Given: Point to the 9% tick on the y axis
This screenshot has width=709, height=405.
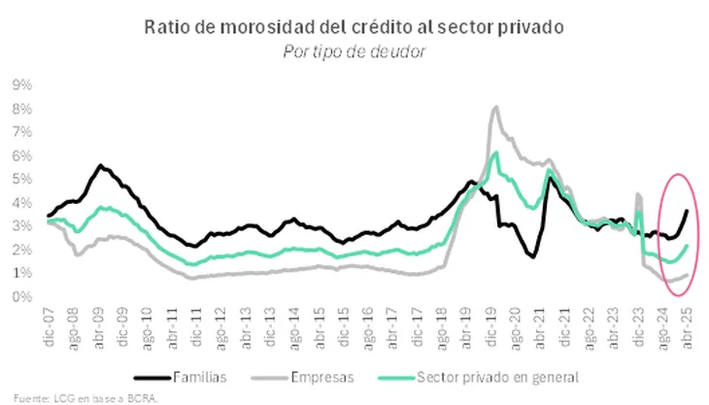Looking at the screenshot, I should tap(21, 84).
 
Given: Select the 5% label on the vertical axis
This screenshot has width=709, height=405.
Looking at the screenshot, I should tap(21, 179).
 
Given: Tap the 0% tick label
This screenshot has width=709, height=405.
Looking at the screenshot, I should tap(21, 297).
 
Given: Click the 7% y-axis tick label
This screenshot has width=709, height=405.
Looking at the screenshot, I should tap(21, 132).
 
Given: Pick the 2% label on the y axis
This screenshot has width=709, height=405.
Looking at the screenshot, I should tap(21, 250).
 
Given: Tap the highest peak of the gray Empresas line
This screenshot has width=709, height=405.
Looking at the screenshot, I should tap(496, 107).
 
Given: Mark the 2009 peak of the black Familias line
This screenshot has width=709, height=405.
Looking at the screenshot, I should tap(100, 166).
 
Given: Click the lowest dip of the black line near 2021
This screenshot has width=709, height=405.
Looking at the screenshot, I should tap(534, 256).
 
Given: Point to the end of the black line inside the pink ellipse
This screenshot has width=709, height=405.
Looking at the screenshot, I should tap(688, 211).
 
